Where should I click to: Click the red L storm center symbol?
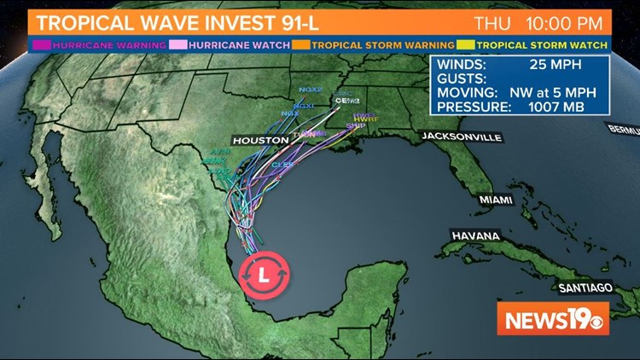[x=265, y=274]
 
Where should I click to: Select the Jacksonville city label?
[x=460, y=136]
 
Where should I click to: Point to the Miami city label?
[x=495, y=200]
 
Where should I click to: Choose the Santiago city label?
[x=585, y=287]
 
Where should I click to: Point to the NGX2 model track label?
[x=308, y=90]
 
